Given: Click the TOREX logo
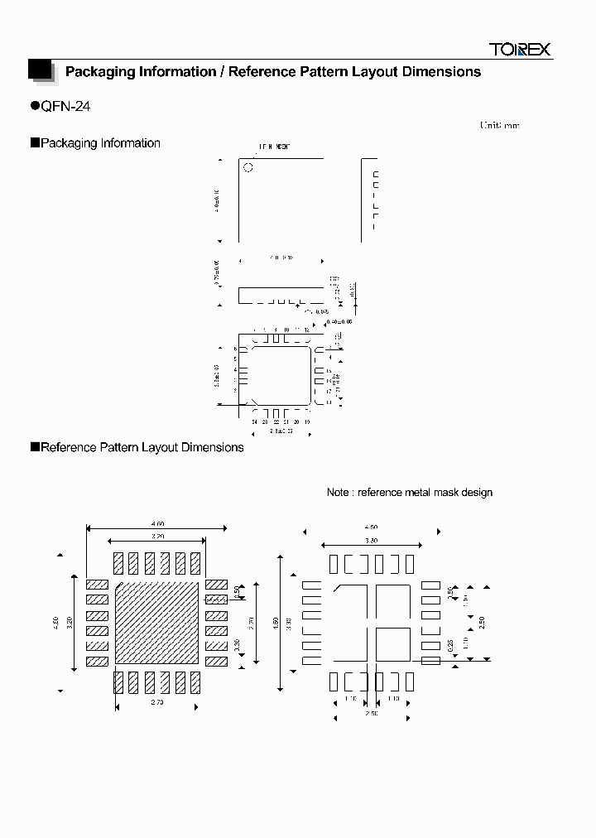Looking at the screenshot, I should click(520, 50).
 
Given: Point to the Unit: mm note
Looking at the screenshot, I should click(499, 125).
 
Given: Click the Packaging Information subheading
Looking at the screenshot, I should click(100, 143).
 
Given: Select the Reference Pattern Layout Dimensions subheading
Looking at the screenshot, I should click(142, 447).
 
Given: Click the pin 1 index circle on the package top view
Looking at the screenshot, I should click(248, 168).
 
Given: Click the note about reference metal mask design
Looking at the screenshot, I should click(410, 492).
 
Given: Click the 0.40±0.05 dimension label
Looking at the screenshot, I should click(339, 320).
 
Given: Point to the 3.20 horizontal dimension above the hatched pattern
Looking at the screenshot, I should click(156, 537).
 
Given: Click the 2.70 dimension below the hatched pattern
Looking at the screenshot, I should click(156, 702).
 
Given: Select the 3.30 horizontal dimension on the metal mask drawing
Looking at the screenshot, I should click(372, 540).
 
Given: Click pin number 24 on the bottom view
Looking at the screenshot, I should click(254, 422).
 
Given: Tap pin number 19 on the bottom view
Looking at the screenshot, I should click(307, 422).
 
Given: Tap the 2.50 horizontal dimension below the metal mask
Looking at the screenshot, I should click(372, 713).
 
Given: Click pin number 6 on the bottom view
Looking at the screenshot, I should click(235, 349).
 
